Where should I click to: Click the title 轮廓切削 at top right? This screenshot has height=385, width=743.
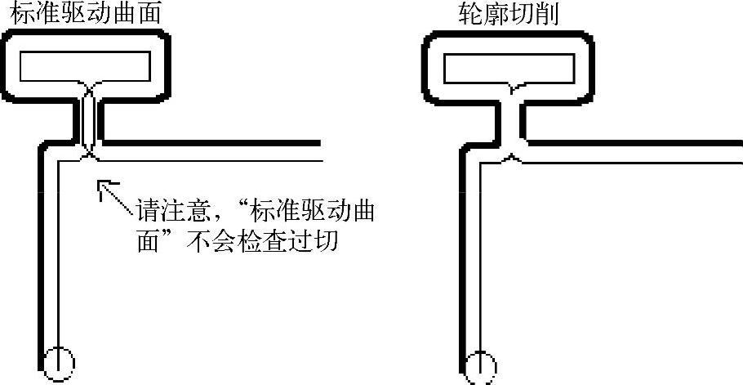point(509,14)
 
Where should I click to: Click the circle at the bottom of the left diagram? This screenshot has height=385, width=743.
point(58,362)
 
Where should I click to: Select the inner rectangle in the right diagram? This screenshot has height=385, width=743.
point(507,69)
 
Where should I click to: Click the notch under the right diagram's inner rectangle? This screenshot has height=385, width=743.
point(510,87)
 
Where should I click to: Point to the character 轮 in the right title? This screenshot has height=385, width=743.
point(470,14)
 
